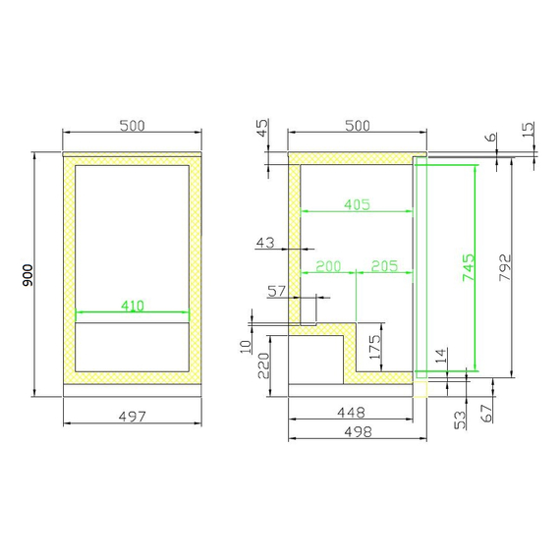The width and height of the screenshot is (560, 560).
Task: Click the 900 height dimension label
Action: click(28, 275)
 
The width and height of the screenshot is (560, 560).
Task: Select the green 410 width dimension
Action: click(133, 306)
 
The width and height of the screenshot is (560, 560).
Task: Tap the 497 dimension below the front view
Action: click(133, 417)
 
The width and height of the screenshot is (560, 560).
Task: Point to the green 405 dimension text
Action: click(358, 204)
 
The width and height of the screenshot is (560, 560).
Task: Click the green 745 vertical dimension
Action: click(469, 267)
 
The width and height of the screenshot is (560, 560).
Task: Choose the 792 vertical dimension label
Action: click(505, 267)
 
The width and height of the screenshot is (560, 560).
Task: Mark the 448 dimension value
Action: click(352, 413)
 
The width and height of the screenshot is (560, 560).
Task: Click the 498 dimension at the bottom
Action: click(359, 431)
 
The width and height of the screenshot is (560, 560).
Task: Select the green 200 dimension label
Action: click(329, 266)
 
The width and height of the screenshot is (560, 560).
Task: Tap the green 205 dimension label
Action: click(385, 266)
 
